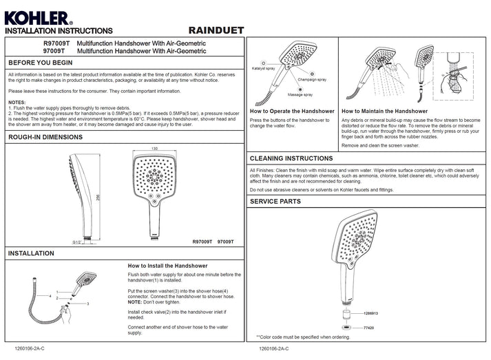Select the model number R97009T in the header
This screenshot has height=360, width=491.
(x=56, y=43)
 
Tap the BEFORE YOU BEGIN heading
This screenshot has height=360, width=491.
(x=41, y=63)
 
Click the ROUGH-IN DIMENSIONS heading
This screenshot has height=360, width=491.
(x=45, y=137)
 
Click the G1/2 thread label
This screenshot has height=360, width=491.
(x=78, y=242)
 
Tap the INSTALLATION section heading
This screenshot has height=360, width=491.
(x=32, y=253)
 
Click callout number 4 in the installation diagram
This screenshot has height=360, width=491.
(x=51, y=296)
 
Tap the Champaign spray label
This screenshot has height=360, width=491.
(x=314, y=80)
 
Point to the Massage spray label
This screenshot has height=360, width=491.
(x=300, y=94)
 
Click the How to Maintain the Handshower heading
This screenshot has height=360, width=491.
(x=384, y=111)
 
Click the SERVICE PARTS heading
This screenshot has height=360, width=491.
(x=275, y=202)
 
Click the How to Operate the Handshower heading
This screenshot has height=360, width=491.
(x=292, y=111)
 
